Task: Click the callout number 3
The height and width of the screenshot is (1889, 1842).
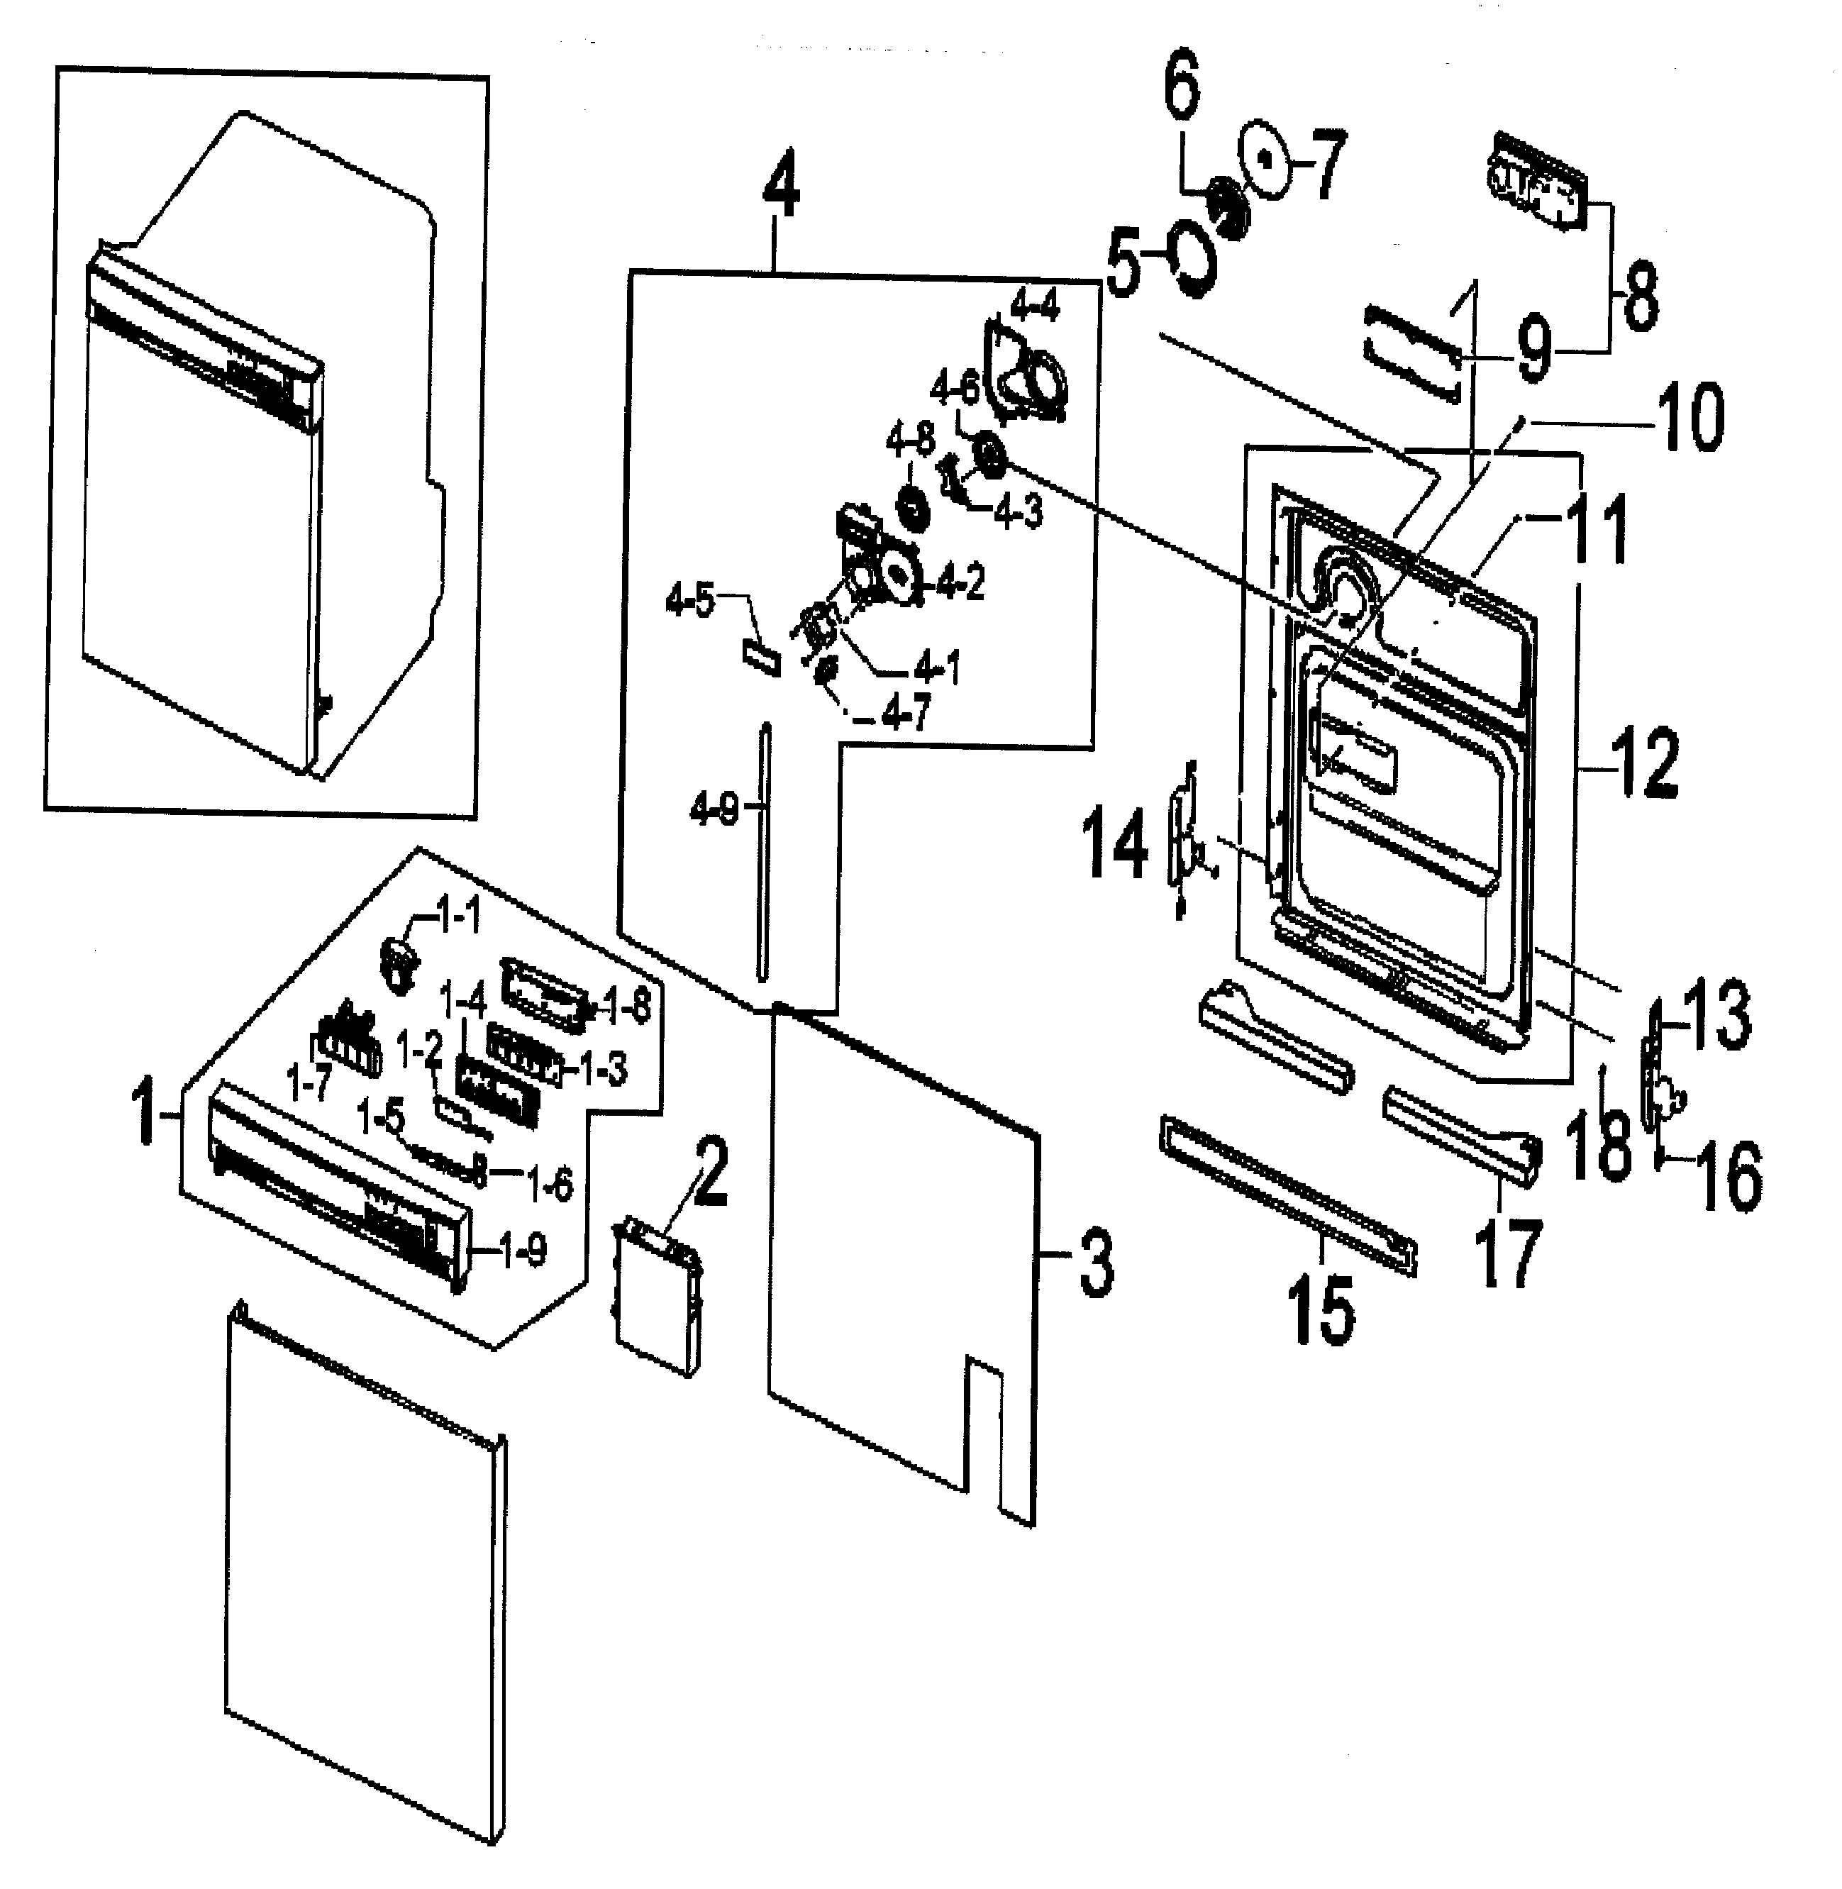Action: (1096, 1262)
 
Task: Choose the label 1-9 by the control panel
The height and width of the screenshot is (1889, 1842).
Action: (523, 1252)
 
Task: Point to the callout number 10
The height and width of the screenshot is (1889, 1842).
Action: (1689, 417)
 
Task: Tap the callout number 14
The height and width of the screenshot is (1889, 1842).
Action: (1114, 845)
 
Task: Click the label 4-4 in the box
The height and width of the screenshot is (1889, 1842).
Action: (1034, 308)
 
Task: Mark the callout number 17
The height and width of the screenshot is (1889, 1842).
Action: (1509, 1254)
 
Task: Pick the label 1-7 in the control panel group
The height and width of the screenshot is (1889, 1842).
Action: (309, 1082)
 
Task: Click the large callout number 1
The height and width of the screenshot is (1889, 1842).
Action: (145, 1113)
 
